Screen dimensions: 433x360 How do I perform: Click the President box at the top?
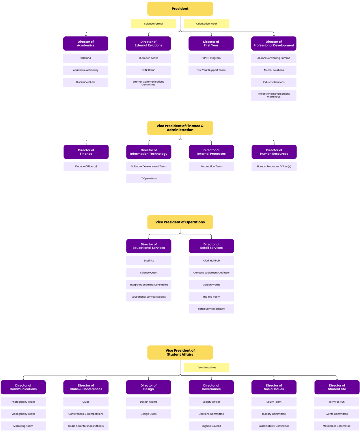180,9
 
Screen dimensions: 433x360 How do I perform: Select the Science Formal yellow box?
153,24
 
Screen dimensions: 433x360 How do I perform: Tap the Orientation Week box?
206,24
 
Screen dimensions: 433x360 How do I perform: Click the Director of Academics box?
86,44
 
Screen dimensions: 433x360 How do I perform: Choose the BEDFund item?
86,58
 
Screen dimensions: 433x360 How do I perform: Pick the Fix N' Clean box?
148,70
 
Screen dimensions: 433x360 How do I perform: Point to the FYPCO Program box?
211,58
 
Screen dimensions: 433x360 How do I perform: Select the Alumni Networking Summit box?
274,58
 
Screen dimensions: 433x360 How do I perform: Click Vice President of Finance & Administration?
180,128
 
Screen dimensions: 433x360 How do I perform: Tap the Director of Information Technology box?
149,152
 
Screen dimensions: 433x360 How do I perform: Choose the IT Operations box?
149,178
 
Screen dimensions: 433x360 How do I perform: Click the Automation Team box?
211,166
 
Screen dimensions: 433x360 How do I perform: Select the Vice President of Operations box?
180,222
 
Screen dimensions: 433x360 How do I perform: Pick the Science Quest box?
149,273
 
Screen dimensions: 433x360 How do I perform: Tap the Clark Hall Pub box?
211,260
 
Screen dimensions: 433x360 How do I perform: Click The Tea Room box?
211,297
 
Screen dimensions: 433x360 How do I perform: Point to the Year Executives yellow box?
206,367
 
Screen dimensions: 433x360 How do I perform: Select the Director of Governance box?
211,387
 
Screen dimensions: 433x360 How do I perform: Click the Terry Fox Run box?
337,402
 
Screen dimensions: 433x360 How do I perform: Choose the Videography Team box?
23,414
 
